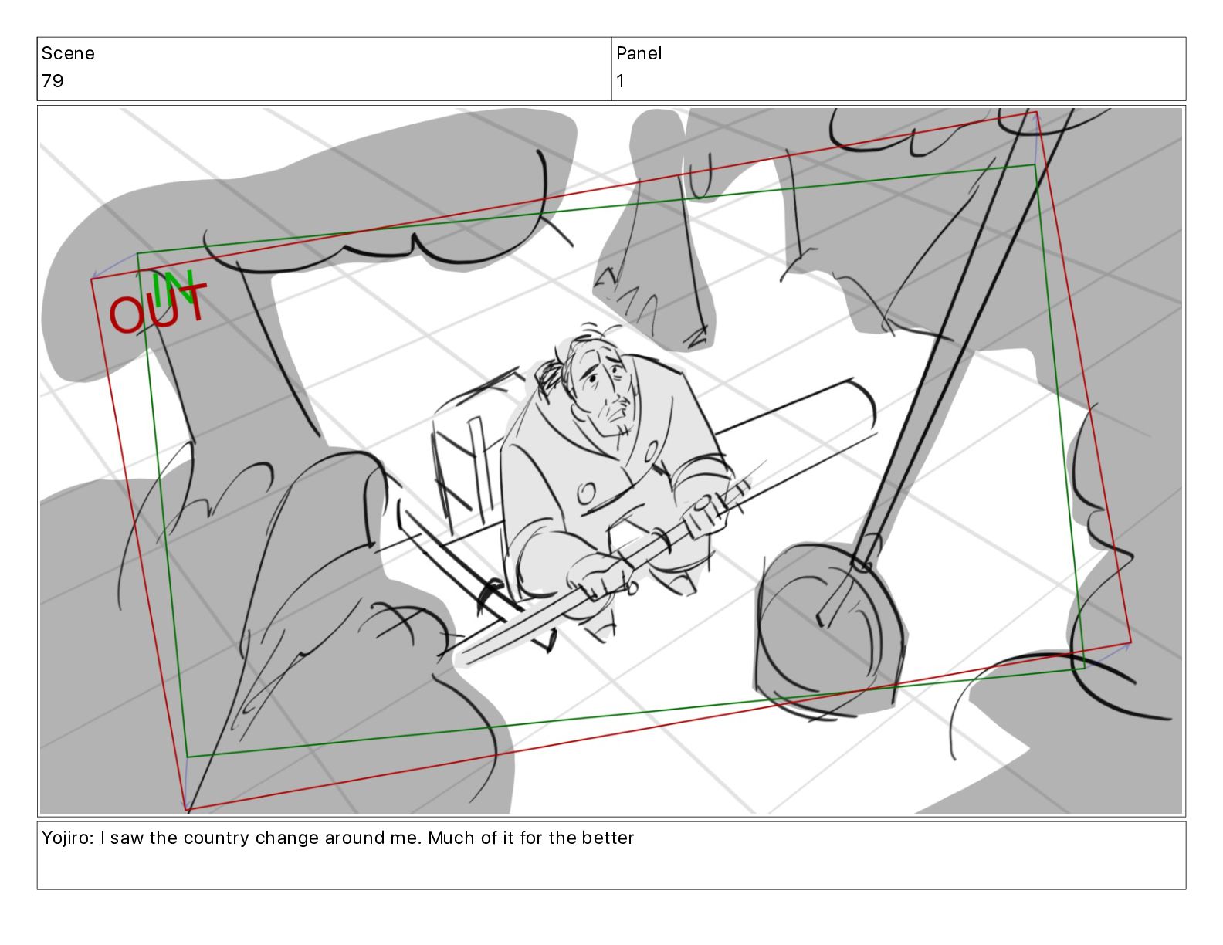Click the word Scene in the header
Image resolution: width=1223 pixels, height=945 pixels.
pos(67,53)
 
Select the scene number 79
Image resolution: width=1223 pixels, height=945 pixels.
pos(53,81)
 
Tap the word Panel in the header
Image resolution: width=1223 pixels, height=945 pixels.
pos(639,53)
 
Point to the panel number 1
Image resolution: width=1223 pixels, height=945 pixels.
pos(620,81)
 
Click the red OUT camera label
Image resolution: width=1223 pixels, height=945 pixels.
pos(158,309)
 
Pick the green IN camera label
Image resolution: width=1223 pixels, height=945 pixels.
pos(174,288)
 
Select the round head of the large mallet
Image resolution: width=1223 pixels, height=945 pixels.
pos(828,628)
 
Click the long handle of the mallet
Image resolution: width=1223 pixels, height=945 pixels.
pos(957,337)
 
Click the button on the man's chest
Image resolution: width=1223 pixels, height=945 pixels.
pos(586,493)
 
